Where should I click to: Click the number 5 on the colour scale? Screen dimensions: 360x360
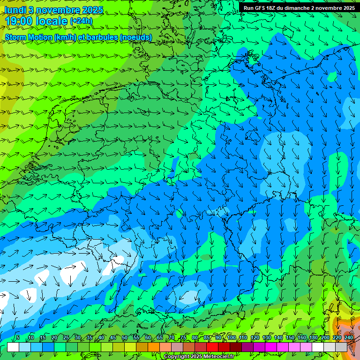coord(18,338)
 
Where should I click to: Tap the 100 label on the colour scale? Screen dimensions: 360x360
coord(231,338)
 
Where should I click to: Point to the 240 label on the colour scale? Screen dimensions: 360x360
coord(348,338)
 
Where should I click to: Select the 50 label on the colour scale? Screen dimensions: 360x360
coord(125,338)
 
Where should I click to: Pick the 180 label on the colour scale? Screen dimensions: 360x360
coord(313,338)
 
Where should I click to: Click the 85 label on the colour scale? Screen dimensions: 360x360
coord(207,338)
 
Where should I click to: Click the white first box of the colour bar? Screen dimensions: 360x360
coord(13,347)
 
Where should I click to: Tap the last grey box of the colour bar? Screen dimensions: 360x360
coord(341,347)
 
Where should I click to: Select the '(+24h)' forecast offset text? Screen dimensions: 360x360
coord(81,21)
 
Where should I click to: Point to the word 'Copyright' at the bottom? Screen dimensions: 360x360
coord(177,357)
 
